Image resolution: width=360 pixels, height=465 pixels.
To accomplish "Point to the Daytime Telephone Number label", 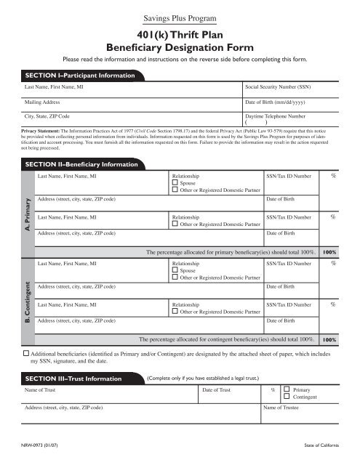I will point(276,116).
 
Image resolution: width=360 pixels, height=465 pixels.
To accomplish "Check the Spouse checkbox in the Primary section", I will point(175,184).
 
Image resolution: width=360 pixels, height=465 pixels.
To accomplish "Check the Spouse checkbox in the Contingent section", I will point(175,270).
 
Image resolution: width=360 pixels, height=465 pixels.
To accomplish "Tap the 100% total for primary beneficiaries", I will point(329,251).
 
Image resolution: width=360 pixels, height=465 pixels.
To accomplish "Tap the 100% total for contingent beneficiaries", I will point(329,339).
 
